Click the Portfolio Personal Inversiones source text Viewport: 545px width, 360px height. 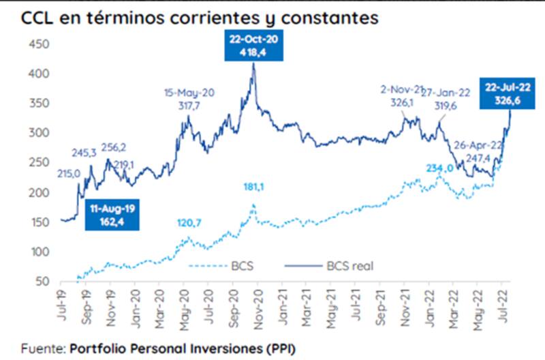click(x=183, y=347)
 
